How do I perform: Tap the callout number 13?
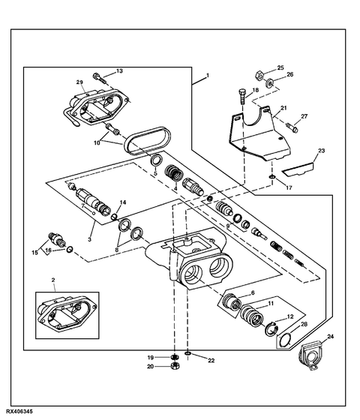coord(118,71)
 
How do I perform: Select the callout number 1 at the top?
coord(208,76)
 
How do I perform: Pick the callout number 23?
coord(320,151)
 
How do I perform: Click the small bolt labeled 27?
coord(292,127)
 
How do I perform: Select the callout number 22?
coord(211,361)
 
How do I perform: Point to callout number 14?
coord(124,202)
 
